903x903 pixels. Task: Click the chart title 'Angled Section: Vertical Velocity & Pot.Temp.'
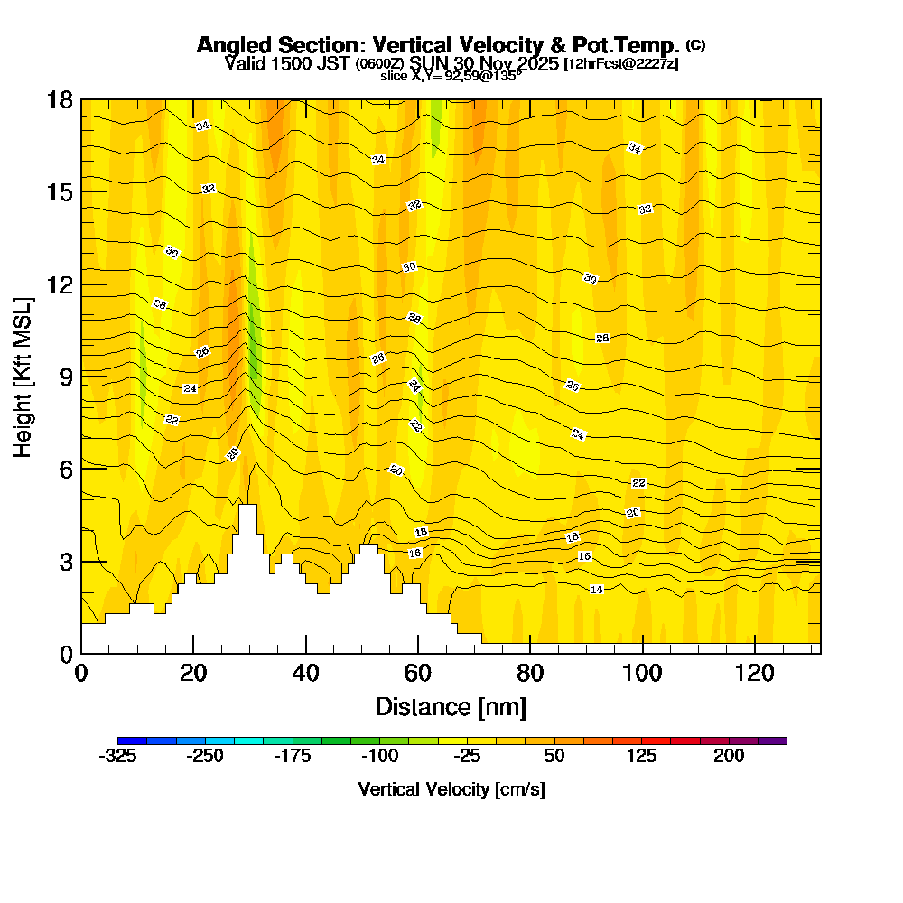[438, 45]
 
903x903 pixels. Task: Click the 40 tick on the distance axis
[306, 673]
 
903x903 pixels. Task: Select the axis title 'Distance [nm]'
[451, 706]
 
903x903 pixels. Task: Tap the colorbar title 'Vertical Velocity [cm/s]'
[451, 789]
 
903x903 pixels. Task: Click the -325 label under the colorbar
[117, 757]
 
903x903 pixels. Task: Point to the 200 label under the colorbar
[729, 757]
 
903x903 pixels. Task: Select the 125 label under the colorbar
[642, 757]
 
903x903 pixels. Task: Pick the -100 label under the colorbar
[379, 757]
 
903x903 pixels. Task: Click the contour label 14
[596, 590]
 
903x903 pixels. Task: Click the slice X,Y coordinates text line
[451, 76]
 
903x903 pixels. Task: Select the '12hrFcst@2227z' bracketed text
[620, 64]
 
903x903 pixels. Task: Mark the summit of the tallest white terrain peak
[247, 506]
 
